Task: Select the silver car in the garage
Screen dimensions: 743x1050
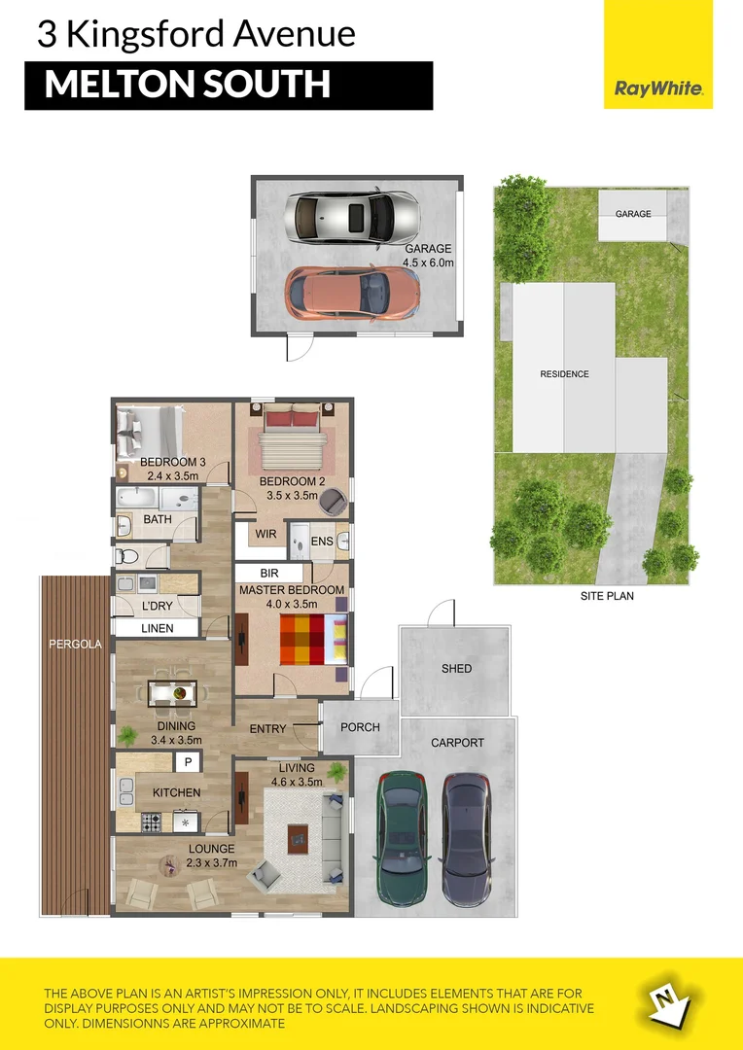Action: coord(352,218)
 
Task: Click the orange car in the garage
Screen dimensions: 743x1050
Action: coord(352,294)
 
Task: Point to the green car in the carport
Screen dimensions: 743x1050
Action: coord(401,841)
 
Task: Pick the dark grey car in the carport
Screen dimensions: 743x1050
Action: coord(466,841)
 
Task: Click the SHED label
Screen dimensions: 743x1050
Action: coord(456,668)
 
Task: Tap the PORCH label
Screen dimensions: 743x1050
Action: coord(360,727)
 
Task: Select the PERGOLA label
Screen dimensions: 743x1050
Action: coord(75,645)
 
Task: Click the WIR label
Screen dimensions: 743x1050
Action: coord(265,535)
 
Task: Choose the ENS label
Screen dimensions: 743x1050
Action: coord(322,542)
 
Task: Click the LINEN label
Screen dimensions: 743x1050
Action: coord(158,628)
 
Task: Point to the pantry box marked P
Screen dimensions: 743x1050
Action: coord(189,762)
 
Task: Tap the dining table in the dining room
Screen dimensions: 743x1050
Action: coord(172,693)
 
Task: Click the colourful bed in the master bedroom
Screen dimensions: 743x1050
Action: coord(313,640)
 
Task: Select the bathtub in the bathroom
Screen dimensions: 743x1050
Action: coord(137,498)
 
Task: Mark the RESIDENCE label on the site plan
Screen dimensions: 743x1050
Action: coord(564,374)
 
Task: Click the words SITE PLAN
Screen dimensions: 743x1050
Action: coord(607,596)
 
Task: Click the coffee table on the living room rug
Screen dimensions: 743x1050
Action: coord(299,838)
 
